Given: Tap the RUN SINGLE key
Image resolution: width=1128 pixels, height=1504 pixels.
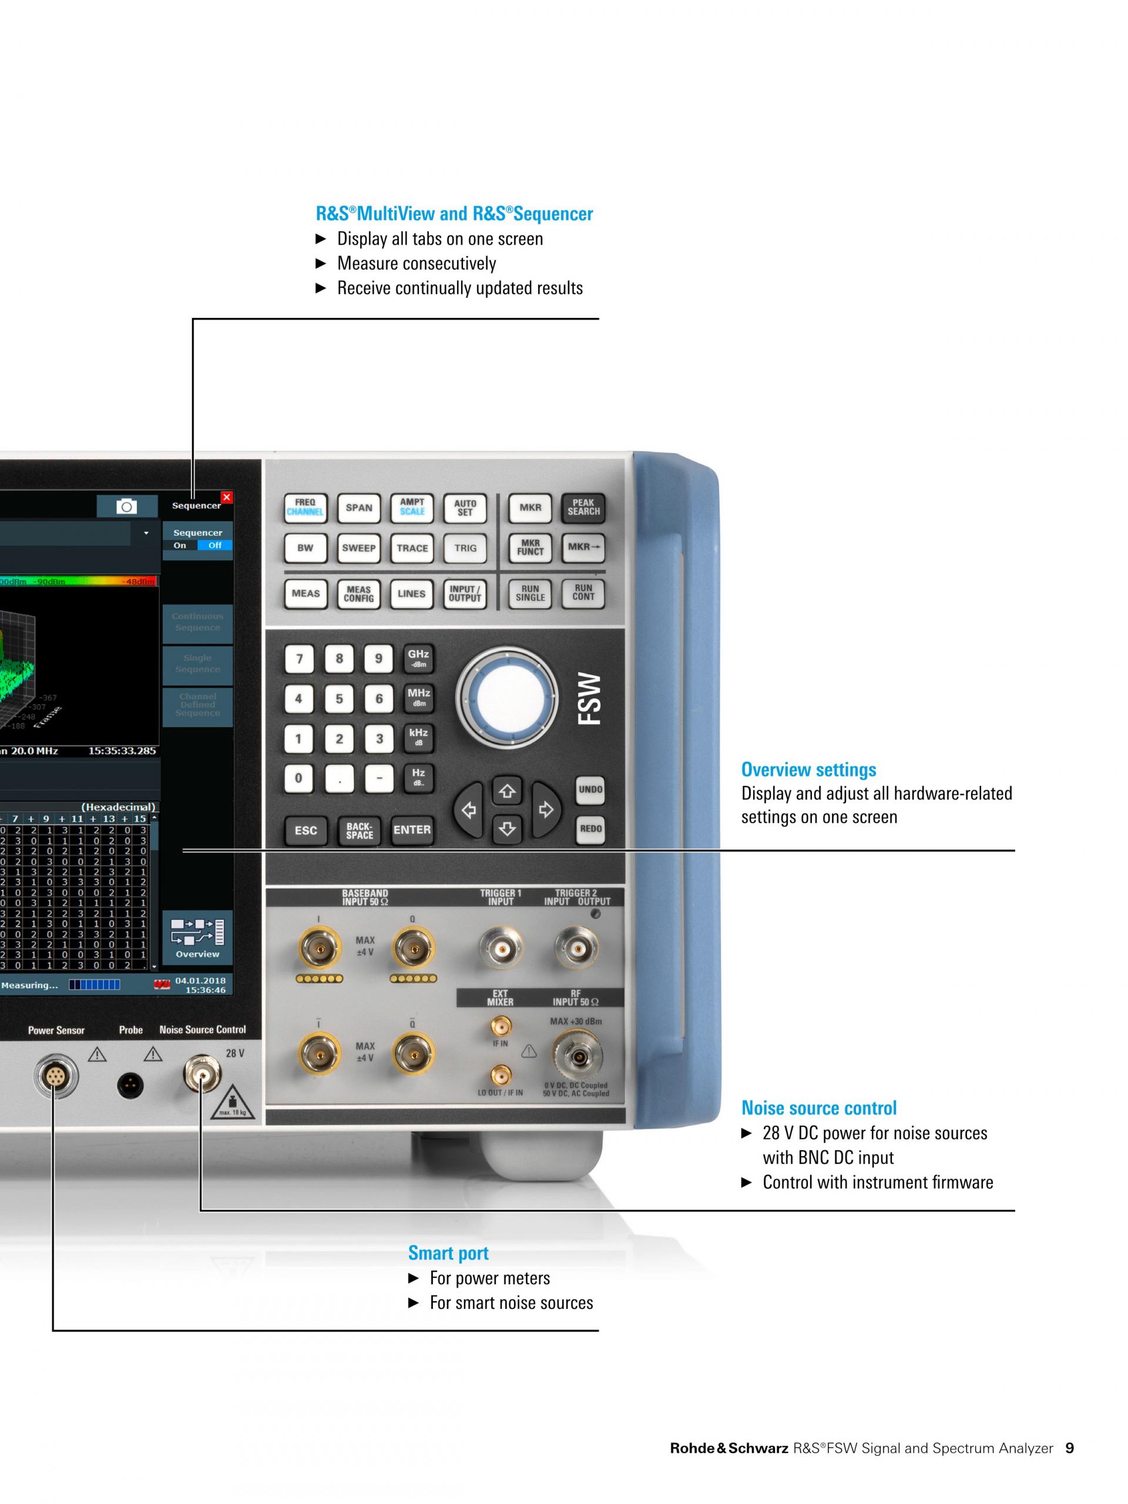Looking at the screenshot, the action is coord(530,593).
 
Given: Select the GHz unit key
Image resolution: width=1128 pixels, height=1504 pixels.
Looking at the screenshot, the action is coord(418,657).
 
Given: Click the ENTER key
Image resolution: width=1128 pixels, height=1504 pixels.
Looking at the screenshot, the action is coord(412,830).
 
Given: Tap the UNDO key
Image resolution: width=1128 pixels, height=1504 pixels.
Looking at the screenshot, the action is coord(590,790).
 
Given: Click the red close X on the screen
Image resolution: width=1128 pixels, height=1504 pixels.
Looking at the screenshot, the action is coord(226,497).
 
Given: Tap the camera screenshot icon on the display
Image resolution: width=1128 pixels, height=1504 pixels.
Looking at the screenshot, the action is coord(126,506).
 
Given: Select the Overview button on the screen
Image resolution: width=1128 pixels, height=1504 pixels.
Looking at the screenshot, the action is coord(197,938).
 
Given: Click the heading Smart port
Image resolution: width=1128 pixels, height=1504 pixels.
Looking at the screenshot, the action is coord(448,1253).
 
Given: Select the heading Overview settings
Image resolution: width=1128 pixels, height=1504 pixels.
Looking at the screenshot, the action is coord(808,770).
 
